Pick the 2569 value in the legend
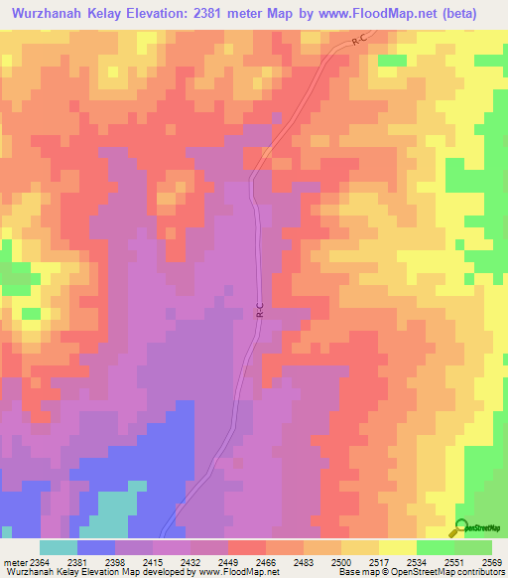493,561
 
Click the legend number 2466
267,561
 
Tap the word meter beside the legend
14,561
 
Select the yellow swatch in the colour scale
397,547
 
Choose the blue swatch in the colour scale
96,547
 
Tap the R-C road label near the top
360,41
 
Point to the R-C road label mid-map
260,311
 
